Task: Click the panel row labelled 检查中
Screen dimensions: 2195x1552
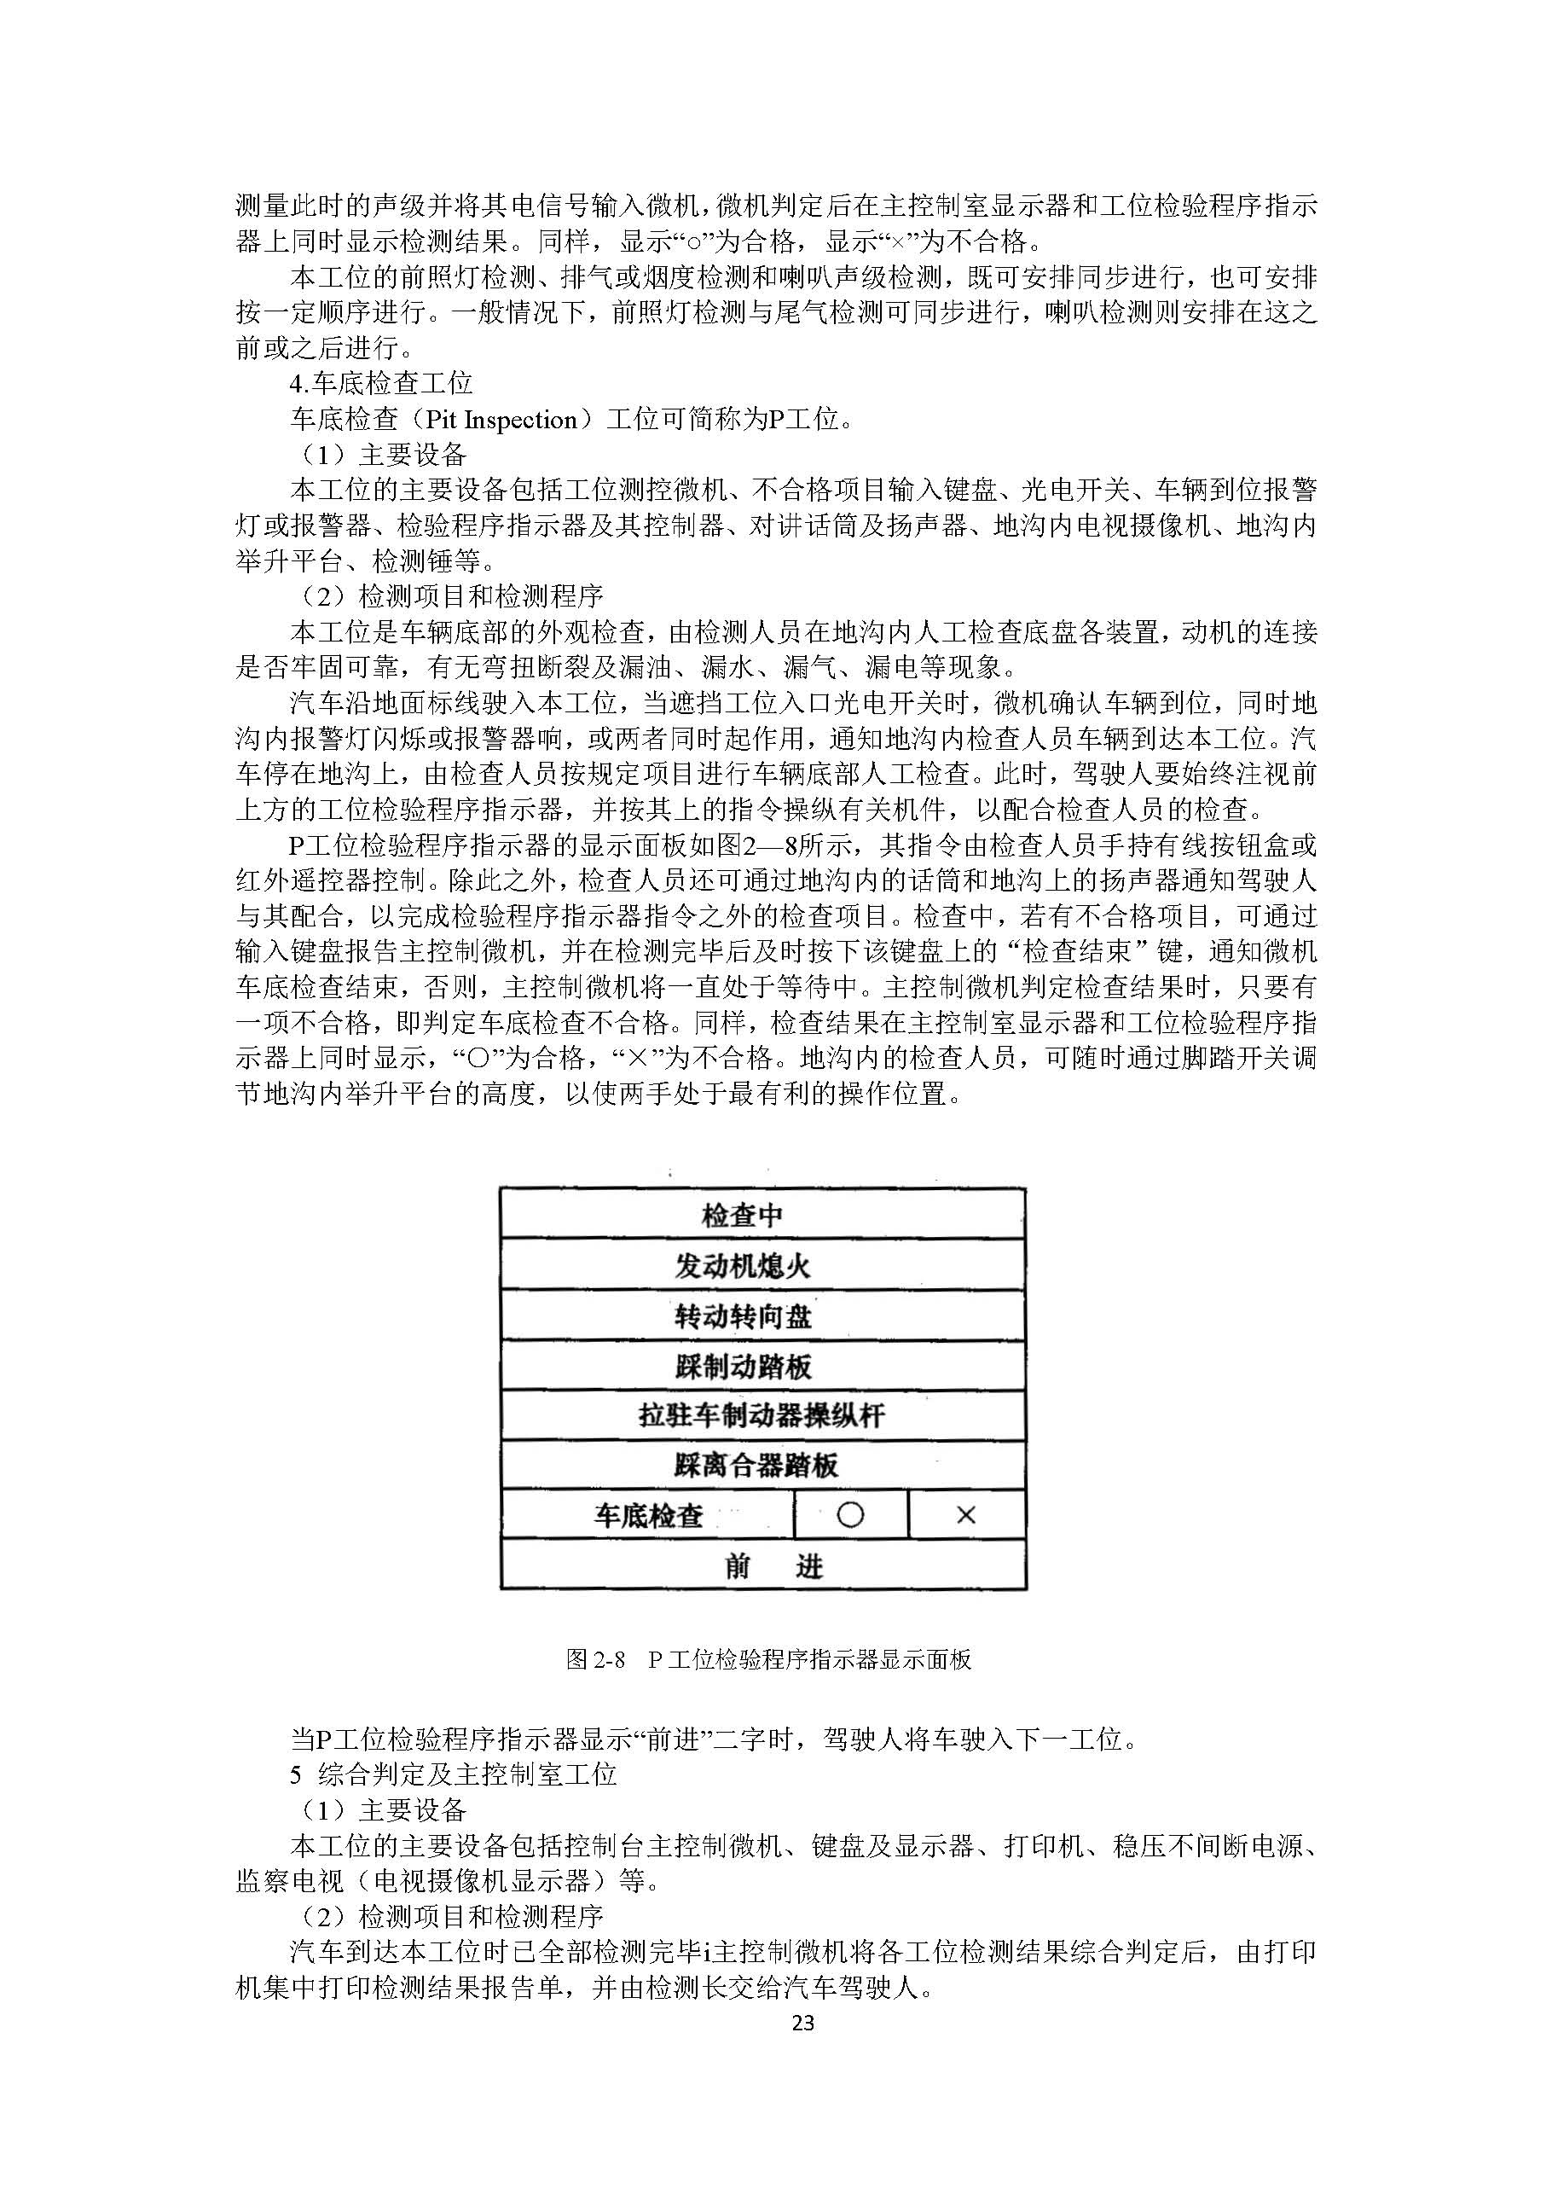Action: click(x=762, y=1215)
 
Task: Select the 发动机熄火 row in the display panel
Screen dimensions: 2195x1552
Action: click(x=762, y=1266)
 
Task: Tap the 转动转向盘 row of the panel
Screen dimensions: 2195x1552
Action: click(x=762, y=1316)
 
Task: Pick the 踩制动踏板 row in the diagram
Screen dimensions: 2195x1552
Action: click(x=762, y=1366)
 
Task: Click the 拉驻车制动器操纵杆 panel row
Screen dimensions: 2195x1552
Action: click(x=762, y=1416)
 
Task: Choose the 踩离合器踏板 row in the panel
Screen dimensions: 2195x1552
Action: click(x=762, y=1466)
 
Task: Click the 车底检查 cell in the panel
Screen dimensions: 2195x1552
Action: click(x=648, y=1515)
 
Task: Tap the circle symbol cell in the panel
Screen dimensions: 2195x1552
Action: click(x=849, y=1515)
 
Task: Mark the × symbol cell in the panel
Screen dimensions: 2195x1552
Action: click(x=966, y=1515)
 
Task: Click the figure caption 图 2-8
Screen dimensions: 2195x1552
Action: click(x=594, y=1658)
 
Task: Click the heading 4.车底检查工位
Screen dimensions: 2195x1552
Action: click(x=381, y=384)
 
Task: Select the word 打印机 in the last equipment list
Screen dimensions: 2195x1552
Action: click(x=1045, y=1846)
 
